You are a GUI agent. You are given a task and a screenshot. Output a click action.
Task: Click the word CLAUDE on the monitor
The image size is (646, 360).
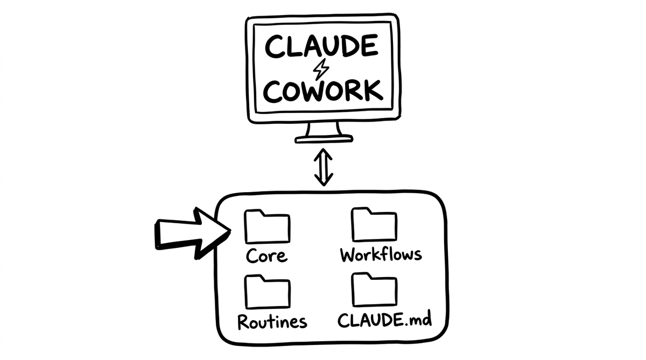(x=321, y=47)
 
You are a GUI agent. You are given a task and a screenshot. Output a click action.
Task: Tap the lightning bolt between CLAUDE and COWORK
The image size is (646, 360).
(x=322, y=68)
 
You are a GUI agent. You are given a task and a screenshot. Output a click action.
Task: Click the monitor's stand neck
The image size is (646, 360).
(x=323, y=130)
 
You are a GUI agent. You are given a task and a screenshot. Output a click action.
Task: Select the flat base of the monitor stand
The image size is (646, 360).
(x=324, y=139)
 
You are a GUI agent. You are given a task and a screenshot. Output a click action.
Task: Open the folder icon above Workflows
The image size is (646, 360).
(x=375, y=225)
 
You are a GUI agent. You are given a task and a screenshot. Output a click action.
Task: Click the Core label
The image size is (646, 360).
(x=266, y=255)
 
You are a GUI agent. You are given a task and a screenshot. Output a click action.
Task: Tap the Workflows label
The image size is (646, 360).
(x=381, y=254)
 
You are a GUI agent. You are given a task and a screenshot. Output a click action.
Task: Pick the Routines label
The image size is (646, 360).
(x=272, y=321)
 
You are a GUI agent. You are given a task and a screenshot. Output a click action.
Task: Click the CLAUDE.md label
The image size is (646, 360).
(x=384, y=320)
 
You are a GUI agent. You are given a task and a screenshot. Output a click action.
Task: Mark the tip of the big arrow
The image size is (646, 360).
(x=230, y=231)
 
